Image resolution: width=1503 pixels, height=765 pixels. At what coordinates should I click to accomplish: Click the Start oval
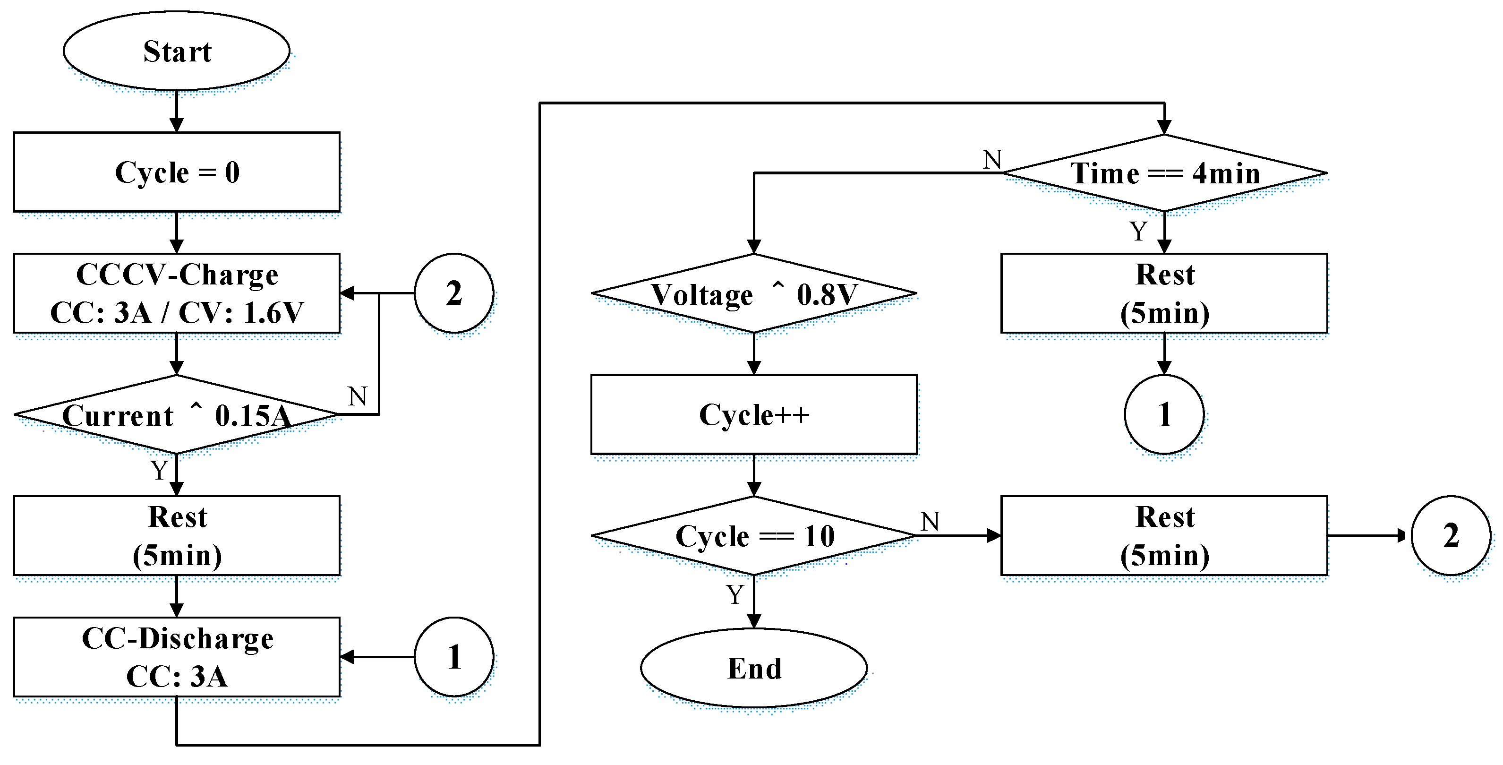[176, 52]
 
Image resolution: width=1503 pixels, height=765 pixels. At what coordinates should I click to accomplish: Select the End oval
[753, 668]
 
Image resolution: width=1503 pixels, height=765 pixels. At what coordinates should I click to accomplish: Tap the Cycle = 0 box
[176, 172]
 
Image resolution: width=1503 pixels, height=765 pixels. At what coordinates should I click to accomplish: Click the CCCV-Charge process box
[176, 293]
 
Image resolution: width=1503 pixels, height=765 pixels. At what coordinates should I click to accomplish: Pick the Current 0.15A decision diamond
[176, 415]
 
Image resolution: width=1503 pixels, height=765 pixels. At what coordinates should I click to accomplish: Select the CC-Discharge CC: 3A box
[176, 657]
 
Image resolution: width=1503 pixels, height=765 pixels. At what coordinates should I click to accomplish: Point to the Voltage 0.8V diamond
[753, 293]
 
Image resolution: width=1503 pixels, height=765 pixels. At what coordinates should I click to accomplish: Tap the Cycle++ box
[753, 415]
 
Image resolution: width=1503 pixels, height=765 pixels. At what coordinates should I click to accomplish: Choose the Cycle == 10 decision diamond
[753, 536]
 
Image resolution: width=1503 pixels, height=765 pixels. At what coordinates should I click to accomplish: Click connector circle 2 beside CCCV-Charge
[454, 293]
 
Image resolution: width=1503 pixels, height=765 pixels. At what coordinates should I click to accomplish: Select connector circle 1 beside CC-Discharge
[454, 657]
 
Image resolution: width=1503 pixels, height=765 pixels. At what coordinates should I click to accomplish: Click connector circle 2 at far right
[1451, 536]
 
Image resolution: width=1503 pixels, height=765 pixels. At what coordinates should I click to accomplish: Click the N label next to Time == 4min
[992, 159]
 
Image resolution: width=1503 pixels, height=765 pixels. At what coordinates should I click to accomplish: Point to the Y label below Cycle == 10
[734, 594]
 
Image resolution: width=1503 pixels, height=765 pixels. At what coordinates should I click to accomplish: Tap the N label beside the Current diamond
[358, 397]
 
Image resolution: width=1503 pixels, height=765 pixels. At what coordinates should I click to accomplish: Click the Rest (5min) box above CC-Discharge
[176, 536]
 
